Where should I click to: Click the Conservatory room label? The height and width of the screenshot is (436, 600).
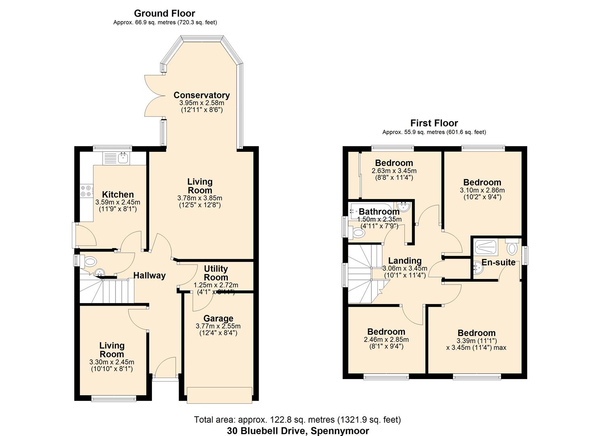coord(202,95)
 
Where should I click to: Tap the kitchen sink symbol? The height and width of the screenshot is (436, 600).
coord(116,158)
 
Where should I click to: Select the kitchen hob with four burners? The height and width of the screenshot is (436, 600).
coord(86,191)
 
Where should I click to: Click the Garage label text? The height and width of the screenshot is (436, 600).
coord(218,319)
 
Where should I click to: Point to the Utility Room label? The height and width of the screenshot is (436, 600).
coord(216,273)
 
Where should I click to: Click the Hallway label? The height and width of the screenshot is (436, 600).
coord(149,275)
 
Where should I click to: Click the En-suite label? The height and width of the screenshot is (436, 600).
coord(499,262)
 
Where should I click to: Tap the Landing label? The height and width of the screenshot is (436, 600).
coord(405,261)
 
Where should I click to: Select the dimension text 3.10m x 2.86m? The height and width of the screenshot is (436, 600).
coord(482,190)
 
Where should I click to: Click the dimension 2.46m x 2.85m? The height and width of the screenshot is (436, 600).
coord(386,340)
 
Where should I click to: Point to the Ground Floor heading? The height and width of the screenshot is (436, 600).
coord(164,13)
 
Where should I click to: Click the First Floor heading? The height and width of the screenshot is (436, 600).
coord(434,123)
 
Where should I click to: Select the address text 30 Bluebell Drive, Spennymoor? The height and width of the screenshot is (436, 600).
coord(298,431)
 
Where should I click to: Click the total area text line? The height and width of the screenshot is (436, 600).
coord(297,420)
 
